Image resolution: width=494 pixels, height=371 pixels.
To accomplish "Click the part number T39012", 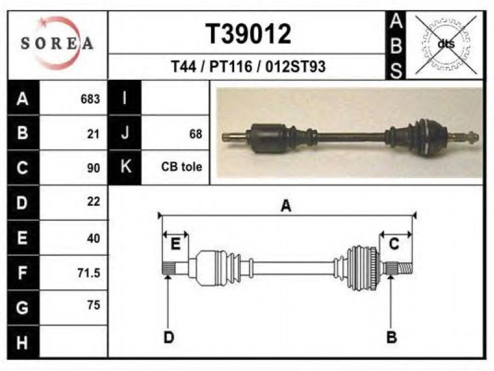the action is pyautogui.click(x=248, y=34).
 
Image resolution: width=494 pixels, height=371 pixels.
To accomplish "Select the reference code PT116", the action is pyautogui.click(x=231, y=67).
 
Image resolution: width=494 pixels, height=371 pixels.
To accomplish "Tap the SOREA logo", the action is pyautogui.click(x=57, y=43).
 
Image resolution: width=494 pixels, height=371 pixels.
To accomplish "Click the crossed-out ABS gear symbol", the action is pyautogui.click(x=446, y=44).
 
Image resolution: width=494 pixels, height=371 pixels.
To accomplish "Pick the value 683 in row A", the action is pyautogui.click(x=90, y=99).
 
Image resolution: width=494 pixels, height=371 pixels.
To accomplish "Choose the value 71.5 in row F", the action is pyautogui.click(x=89, y=273).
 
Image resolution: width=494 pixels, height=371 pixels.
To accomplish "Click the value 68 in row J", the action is pyautogui.click(x=195, y=134).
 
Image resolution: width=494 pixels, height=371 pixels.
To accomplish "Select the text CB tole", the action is pyautogui.click(x=182, y=166).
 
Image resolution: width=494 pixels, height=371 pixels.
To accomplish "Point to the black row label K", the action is pyautogui.click(x=125, y=167).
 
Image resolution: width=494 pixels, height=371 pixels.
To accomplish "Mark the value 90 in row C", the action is pyautogui.click(x=94, y=168).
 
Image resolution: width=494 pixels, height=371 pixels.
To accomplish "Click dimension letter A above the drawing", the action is pyautogui.click(x=286, y=207).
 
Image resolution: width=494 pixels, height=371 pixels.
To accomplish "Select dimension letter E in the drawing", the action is pyautogui.click(x=175, y=244).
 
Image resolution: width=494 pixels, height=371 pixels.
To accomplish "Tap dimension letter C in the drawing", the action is pyautogui.click(x=394, y=244).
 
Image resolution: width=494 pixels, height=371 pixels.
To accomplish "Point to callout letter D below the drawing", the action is pyautogui.click(x=169, y=338).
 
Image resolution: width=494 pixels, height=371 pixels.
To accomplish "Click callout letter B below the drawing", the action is pyautogui.click(x=391, y=337).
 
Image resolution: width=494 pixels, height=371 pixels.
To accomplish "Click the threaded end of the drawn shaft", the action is pyautogui.click(x=405, y=269).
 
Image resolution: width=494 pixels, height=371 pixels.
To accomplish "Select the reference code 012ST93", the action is pyautogui.click(x=295, y=67).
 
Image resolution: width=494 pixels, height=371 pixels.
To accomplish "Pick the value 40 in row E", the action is pyautogui.click(x=94, y=238).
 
